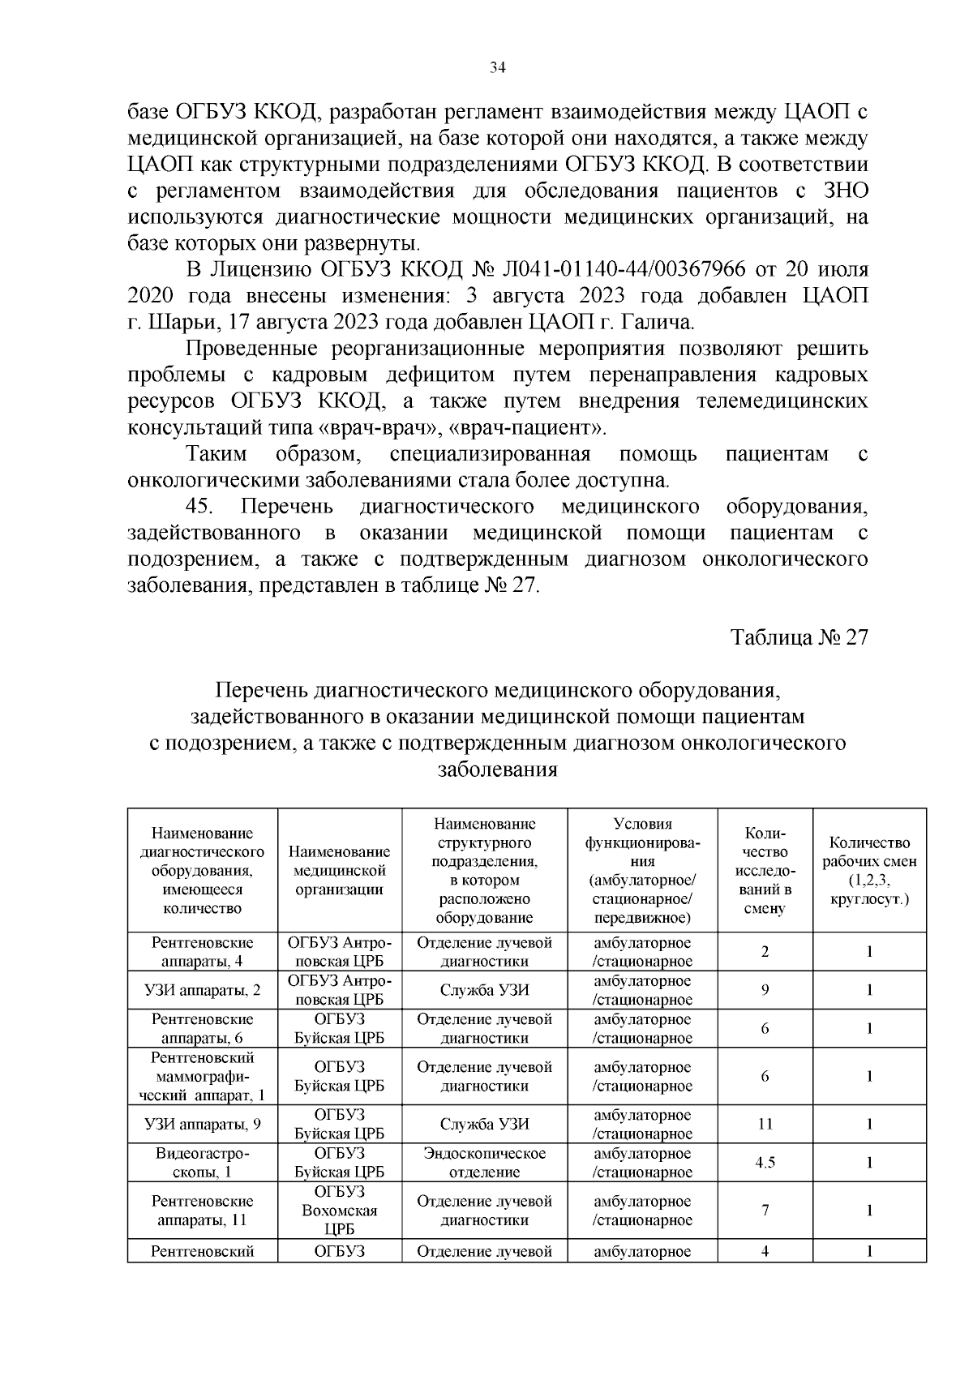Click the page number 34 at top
(x=498, y=68)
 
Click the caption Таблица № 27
(x=799, y=637)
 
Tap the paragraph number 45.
(x=199, y=507)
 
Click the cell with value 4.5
(x=765, y=1163)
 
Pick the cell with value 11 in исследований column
(x=765, y=1124)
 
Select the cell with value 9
(x=765, y=990)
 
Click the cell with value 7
(x=765, y=1211)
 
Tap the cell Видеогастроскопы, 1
(x=203, y=1163)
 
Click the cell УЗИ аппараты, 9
(x=203, y=1124)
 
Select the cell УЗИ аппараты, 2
(x=203, y=990)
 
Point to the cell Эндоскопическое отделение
(x=485, y=1163)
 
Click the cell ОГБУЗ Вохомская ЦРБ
(x=340, y=1211)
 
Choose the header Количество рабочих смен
(x=869, y=871)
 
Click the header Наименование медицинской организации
(x=340, y=871)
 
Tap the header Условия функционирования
(x=642, y=871)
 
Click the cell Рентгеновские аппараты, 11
(x=203, y=1211)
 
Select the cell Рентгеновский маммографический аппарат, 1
(x=203, y=1076)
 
